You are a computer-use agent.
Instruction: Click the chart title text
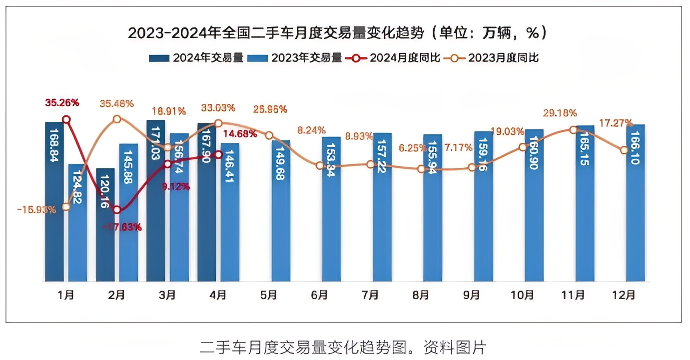click(345, 33)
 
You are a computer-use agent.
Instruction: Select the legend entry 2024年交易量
click(196, 58)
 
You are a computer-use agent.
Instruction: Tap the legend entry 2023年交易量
click(295, 58)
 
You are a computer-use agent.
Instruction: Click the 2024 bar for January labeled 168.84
click(54, 200)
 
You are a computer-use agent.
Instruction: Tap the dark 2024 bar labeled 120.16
click(105, 225)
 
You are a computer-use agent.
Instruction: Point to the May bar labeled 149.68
click(281, 210)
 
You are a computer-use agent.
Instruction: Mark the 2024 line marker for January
click(66, 119)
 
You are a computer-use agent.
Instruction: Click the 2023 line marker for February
click(116, 119)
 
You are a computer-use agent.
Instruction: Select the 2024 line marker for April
click(218, 155)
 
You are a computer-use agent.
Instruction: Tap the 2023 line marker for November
click(573, 130)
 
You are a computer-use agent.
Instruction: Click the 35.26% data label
click(62, 103)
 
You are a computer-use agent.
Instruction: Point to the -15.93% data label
click(36, 209)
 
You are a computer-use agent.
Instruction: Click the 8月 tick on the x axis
click(421, 295)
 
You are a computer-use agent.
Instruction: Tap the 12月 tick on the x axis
click(624, 295)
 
